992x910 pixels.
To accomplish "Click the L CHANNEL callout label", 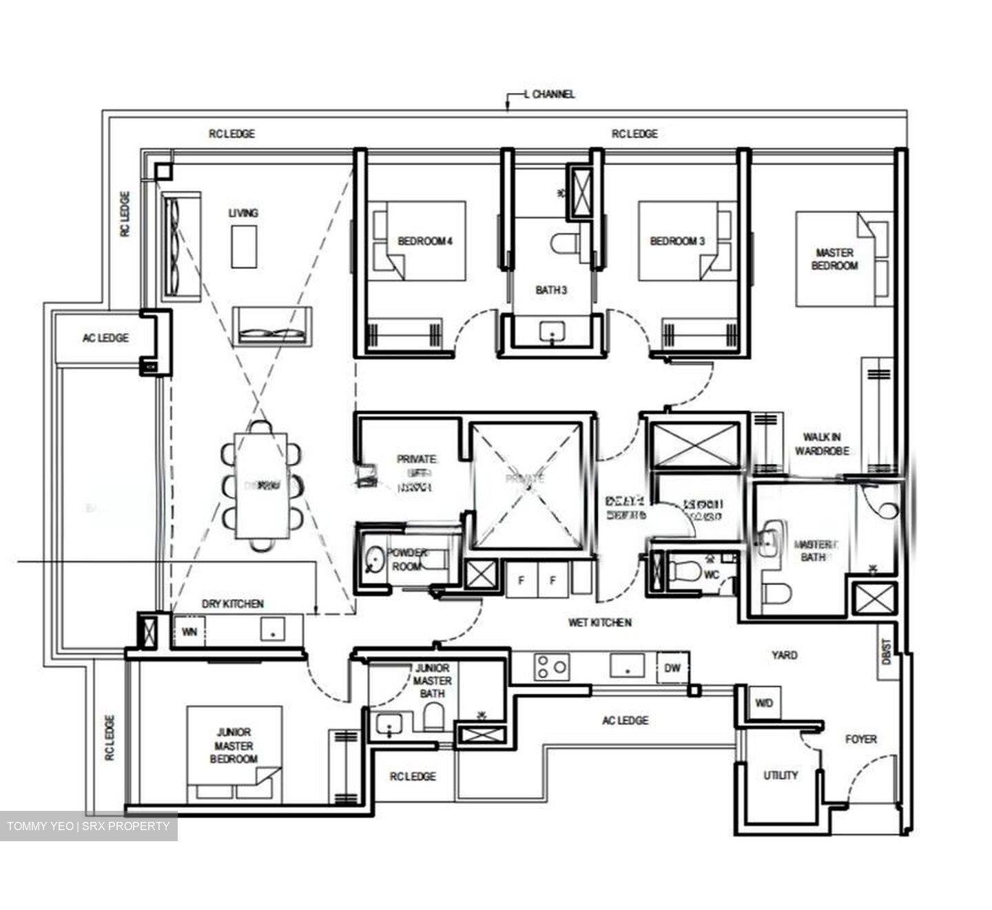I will click(548, 94).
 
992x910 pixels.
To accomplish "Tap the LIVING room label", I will click(243, 213).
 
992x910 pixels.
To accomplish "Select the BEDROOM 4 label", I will click(425, 241).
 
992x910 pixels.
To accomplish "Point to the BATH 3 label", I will click(551, 290).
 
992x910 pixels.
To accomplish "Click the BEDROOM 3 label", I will click(677, 241).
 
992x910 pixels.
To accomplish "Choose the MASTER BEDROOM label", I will click(834, 259).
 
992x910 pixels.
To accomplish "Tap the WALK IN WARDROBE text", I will click(821, 444).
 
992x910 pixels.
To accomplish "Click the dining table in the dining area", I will click(261, 485).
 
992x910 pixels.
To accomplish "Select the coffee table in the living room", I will click(244, 246).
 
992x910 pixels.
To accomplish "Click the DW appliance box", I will click(672, 668).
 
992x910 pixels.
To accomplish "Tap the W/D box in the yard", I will click(763, 703).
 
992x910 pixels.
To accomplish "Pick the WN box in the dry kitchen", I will click(189, 632).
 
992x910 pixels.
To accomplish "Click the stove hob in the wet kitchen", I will click(552, 667).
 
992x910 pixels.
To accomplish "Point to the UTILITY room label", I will click(781, 775).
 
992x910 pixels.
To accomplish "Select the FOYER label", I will click(861, 739).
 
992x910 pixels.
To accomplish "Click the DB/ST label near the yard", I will click(887, 651).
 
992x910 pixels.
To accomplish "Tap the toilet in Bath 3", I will click(564, 243).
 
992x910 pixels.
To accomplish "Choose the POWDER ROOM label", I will click(406, 560).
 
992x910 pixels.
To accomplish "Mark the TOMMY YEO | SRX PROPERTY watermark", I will click(88, 826).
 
